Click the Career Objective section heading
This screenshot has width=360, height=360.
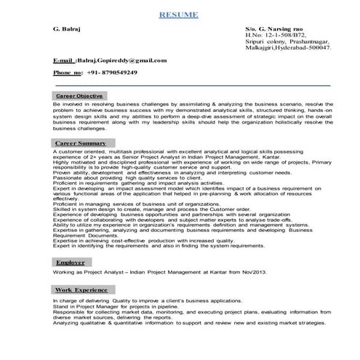click(x=79, y=96)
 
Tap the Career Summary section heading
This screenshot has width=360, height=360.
click(x=81, y=144)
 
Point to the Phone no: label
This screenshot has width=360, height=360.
click(x=67, y=73)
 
